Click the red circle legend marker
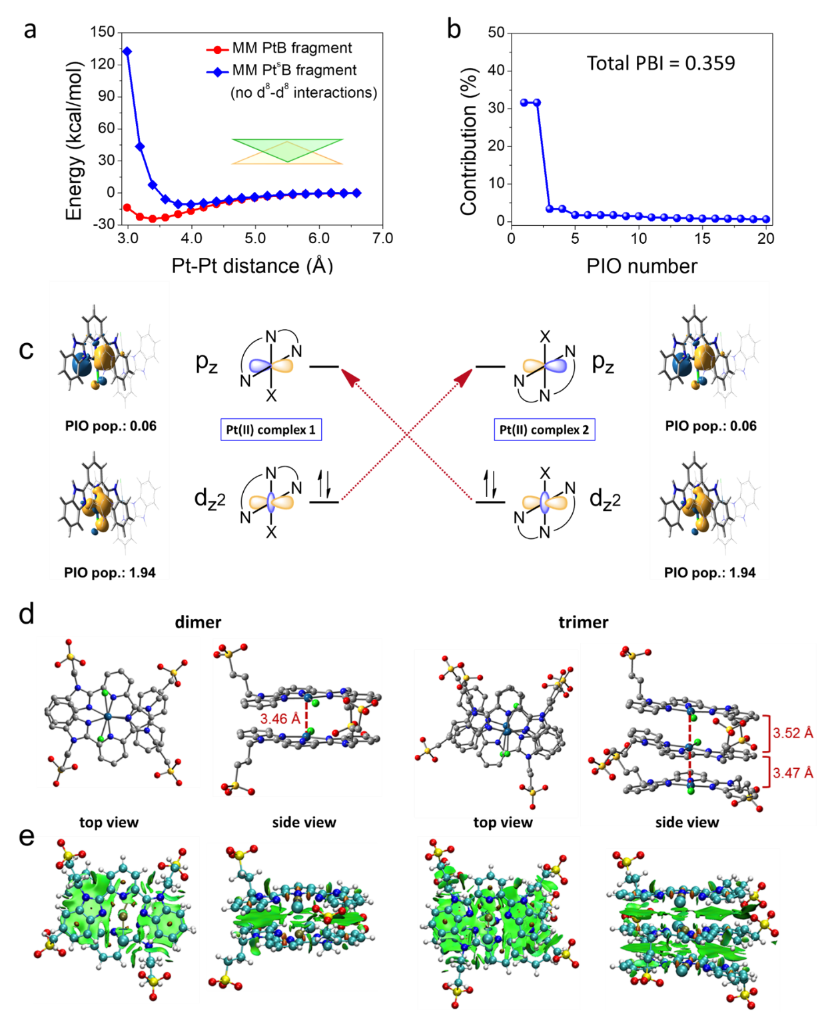[217, 50]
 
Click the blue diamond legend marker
[217, 72]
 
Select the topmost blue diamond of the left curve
[127, 51]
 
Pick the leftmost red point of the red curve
[127, 207]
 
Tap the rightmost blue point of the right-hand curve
[766, 219]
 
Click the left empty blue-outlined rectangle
[271, 430]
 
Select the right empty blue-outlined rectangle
[545, 430]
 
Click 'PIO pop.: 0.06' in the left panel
[111, 426]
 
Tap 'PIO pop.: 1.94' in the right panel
[709, 572]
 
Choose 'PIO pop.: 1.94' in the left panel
[110, 572]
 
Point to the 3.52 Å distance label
[793, 733]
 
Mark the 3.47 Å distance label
[793, 773]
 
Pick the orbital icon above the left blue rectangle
[271, 366]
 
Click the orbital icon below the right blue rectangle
[545, 503]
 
